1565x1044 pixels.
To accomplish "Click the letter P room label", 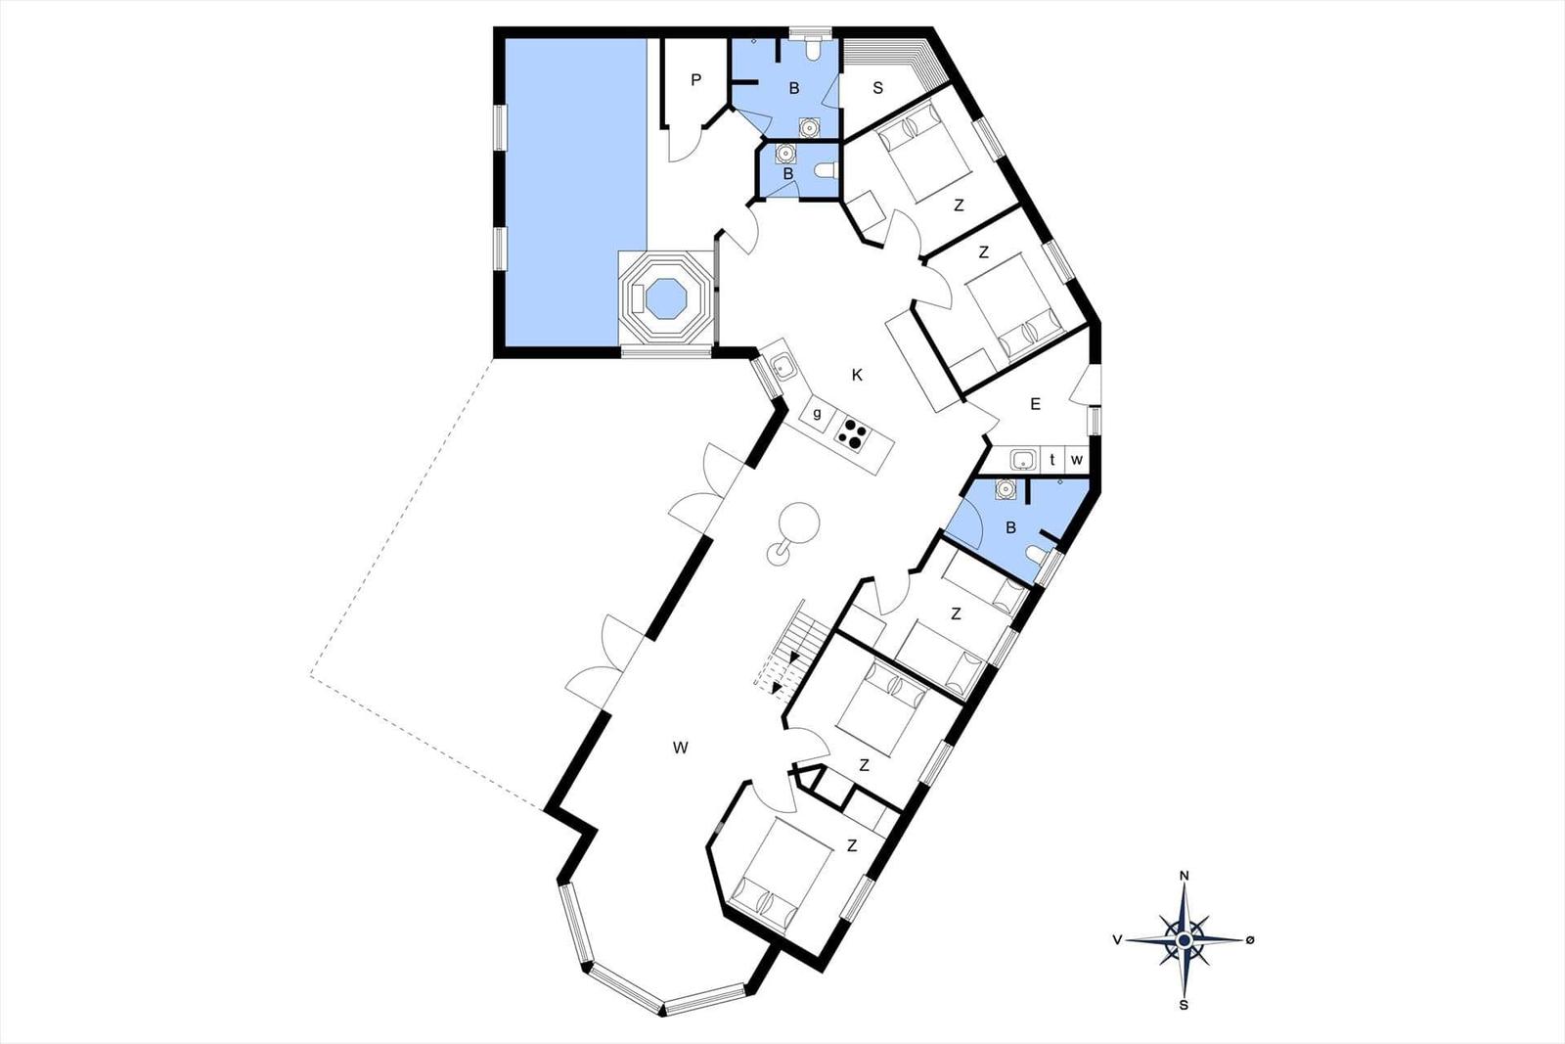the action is [695, 79].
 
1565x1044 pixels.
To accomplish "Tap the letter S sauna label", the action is [878, 88].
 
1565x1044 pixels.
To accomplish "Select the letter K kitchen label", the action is [857, 376].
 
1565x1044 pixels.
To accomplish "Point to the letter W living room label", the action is [681, 748].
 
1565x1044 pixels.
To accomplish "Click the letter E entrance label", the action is [1036, 404].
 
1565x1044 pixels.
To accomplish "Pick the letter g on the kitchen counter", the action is [818, 413].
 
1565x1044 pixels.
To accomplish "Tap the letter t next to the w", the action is [1052, 460].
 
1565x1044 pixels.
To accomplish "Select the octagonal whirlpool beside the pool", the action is [665, 298].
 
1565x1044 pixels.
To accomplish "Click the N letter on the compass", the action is [1185, 877].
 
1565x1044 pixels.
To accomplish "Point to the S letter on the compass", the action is [1184, 1006].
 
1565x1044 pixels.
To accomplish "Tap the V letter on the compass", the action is [1118, 940].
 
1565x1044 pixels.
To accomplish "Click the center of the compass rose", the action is [1185, 940].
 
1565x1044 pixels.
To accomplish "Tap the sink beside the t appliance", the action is [1023, 460].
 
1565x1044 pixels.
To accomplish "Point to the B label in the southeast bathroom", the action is [1010, 528].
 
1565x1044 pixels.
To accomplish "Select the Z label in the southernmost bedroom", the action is [852, 845].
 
